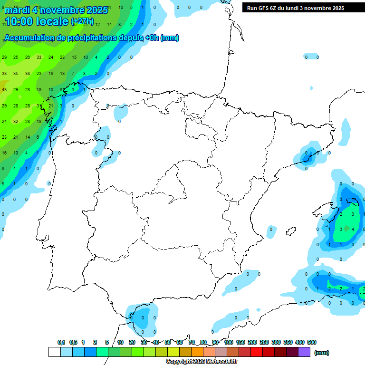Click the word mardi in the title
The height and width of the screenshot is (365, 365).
pos(17,10)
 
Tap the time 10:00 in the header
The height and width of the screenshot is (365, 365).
pos(19,21)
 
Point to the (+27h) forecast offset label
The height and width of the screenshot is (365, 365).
pos(82,21)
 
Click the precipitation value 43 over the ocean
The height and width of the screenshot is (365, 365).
pos(4,89)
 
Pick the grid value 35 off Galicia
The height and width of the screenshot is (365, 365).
pos(16,74)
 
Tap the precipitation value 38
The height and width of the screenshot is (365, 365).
pos(28,74)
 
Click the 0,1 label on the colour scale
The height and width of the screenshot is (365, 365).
pos(61,342)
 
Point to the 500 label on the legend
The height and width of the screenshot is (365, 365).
pos(312,342)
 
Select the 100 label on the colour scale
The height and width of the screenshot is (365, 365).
pos(229,342)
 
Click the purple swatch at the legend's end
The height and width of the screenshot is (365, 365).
pos(304,352)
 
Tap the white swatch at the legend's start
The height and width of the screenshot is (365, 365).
pos(54,352)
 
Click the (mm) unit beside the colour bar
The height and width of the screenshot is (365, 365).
pos(322,353)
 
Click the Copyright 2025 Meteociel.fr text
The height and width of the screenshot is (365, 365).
pos(202,362)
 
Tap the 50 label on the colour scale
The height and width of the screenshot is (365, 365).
pos(168,342)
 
